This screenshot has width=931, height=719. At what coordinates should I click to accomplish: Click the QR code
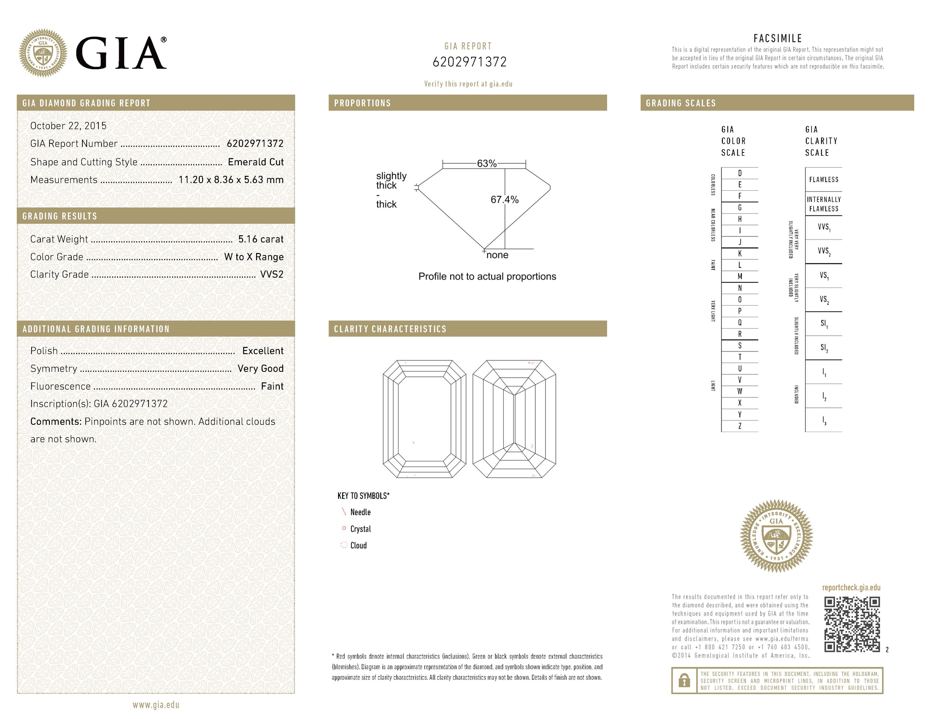[852, 624]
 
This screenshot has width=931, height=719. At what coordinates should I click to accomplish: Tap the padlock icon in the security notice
[684, 681]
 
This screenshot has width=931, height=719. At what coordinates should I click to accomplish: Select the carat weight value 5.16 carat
[261, 239]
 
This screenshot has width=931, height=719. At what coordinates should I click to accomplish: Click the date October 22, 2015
[68, 126]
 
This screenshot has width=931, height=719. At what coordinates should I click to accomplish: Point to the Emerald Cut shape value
[256, 162]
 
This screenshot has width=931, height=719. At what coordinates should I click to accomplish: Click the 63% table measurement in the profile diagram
[486, 163]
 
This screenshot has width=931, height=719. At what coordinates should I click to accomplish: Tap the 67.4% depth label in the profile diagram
[504, 200]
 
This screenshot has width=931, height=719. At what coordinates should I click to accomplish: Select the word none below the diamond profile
[497, 255]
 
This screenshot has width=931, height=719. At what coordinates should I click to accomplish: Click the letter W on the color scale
[740, 391]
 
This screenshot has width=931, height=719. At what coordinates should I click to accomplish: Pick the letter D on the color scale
[740, 173]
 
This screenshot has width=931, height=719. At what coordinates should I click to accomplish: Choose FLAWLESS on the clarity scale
[823, 180]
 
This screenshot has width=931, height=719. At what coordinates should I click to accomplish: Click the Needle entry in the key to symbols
[360, 512]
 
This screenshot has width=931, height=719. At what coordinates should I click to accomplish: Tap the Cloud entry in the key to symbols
[358, 546]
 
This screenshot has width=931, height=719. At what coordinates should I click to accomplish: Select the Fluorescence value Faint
[272, 386]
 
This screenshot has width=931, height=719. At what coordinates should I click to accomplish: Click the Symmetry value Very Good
[260, 368]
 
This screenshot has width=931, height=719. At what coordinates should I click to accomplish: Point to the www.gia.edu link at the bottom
[156, 705]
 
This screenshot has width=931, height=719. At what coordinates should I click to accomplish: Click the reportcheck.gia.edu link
[851, 587]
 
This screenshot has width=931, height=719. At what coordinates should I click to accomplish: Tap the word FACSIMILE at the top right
[777, 39]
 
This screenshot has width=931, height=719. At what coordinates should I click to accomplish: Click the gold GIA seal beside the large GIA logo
[43, 53]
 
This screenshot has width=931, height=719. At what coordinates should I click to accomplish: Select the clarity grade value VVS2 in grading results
[271, 274]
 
